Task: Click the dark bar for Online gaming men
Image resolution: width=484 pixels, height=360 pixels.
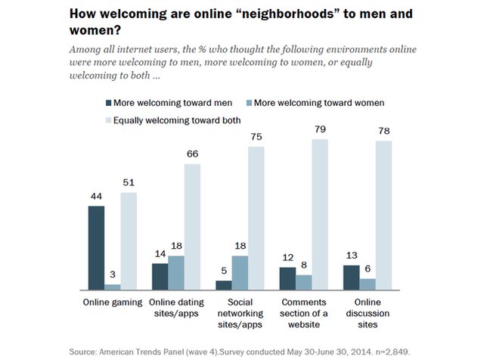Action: point(96,248)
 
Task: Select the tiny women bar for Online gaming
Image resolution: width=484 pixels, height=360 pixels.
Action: point(113,287)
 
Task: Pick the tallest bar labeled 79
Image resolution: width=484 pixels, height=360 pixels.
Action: point(320,214)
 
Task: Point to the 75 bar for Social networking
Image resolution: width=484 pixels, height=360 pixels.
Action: point(256,218)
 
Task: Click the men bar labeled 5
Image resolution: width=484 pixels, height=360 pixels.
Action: point(224,285)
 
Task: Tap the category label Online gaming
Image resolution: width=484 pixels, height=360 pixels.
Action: point(112,303)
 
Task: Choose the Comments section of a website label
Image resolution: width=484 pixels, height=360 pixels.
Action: point(304,314)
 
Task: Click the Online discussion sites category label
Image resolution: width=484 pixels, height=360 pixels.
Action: point(368,314)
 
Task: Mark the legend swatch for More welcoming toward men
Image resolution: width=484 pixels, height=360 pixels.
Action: point(107,102)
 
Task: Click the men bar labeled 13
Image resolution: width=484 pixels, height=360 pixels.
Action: point(352,277)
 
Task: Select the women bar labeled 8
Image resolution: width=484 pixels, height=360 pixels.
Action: point(304,281)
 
